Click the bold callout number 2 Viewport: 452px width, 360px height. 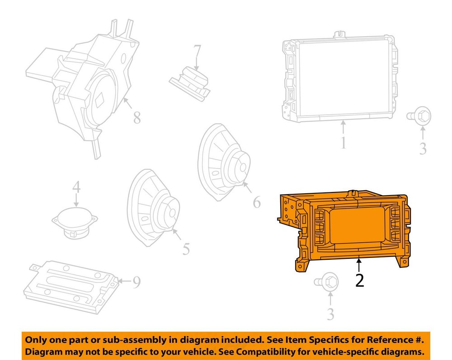pos(359,281)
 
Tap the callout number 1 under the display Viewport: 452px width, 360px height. pos(344,143)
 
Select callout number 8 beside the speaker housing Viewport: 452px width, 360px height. pos(136,118)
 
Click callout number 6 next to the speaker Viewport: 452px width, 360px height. pos(256,203)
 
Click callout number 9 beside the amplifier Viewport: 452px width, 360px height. pos(136,282)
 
